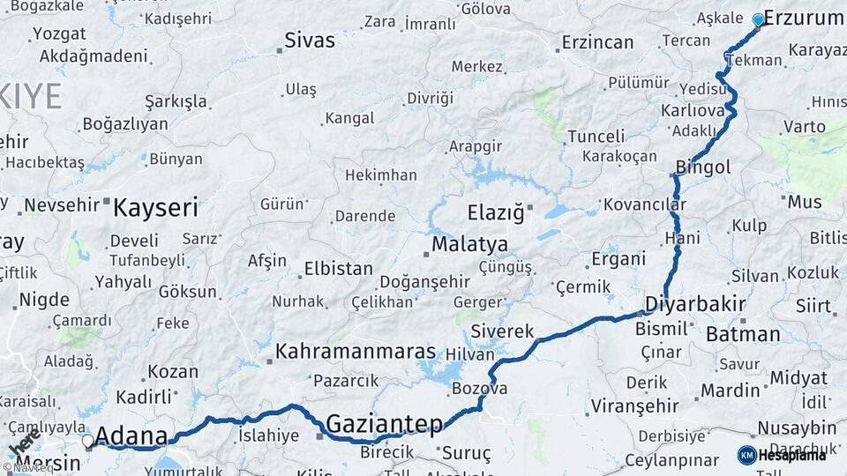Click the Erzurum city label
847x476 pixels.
coord(803,18)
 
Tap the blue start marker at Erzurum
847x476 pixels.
coord(758,19)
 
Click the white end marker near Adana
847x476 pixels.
coord(87,439)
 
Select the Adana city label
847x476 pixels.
coord(131,436)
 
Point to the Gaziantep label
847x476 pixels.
coord(385,425)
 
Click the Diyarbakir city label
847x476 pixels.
coord(695,304)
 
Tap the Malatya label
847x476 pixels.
coord(469,244)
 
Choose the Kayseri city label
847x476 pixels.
coord(156,208)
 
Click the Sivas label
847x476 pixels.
coord(310,41)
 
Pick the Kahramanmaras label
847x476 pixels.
coord(356,352)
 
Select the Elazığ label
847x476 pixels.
coord(495,212)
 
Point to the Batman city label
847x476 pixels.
coord(743,334)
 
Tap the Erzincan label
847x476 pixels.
coord(598,41)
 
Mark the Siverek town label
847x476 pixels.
coord(503,331)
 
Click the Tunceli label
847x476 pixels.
coord(596,137)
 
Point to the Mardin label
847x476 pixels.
coord(730,390)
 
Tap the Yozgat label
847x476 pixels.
coord(59,34)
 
